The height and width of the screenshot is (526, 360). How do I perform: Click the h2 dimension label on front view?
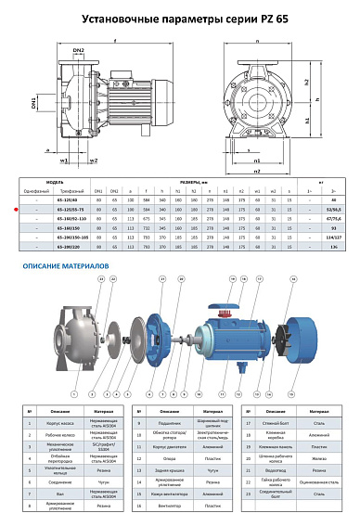[330, 81]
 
